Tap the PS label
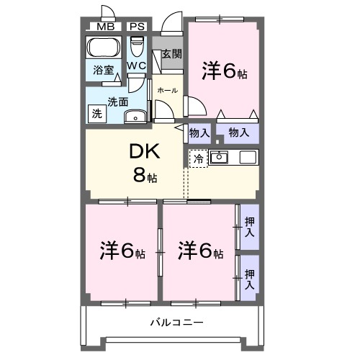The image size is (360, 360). [137, 27]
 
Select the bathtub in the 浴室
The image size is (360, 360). [104, 50]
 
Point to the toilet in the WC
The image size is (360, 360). [137, 48]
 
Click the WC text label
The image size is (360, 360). [137, 66]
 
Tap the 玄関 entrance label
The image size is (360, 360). [171, 54]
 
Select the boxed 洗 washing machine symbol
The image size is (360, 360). [96, 113]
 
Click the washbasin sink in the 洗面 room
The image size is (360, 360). [133, 117]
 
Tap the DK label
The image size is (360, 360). [144, 152]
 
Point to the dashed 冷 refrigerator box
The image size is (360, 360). [198, 158]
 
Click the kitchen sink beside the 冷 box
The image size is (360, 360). [219, 157]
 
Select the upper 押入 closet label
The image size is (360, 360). [249, 228]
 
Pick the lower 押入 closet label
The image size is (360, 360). [249, 279]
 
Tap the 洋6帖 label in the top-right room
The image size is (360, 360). [224, 71]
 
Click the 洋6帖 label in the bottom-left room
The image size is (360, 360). [122, 251]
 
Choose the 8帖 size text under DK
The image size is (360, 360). [143, 175]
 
